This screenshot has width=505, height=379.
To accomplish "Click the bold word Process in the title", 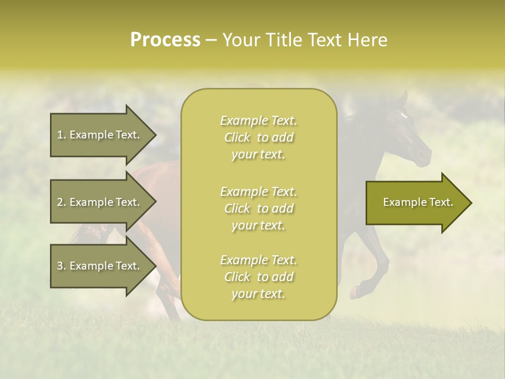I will pyautogui.click(x=165, y=40).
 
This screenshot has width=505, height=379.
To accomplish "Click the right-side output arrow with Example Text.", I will pyautogui.click(x=418, y=203).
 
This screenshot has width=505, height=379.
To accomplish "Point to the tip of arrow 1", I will pyautogui.click(x=155, y=135).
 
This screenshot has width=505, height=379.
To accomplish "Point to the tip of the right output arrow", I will pyautogui.click(x=471, y=203).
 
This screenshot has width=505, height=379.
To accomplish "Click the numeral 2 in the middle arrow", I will pyautogui.click(x=60, y=202).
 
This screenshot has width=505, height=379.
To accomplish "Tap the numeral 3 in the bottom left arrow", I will pyautogui.click(x=60, y=266).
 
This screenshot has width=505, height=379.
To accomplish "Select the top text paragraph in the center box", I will pyautogui.click(x=258, y=137).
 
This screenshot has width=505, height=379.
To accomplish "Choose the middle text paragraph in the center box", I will pyautogui.click(x=258, y=208).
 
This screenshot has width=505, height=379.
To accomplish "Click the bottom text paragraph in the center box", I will pyautogui.click(x=258, y=277).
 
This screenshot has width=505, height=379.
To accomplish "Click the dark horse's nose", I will pyautogui.click(x=424, y=156).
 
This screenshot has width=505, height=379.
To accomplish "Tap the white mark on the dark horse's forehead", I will pyautogui.click(x=403, y=115).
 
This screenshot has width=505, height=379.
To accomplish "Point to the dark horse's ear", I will pyautogui.click(x=403, y=97).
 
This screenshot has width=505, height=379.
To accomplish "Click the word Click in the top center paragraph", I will pyautogui.click(x=237, y=137).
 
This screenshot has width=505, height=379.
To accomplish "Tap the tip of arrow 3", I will pyautogui.click(x=155, y=266).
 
